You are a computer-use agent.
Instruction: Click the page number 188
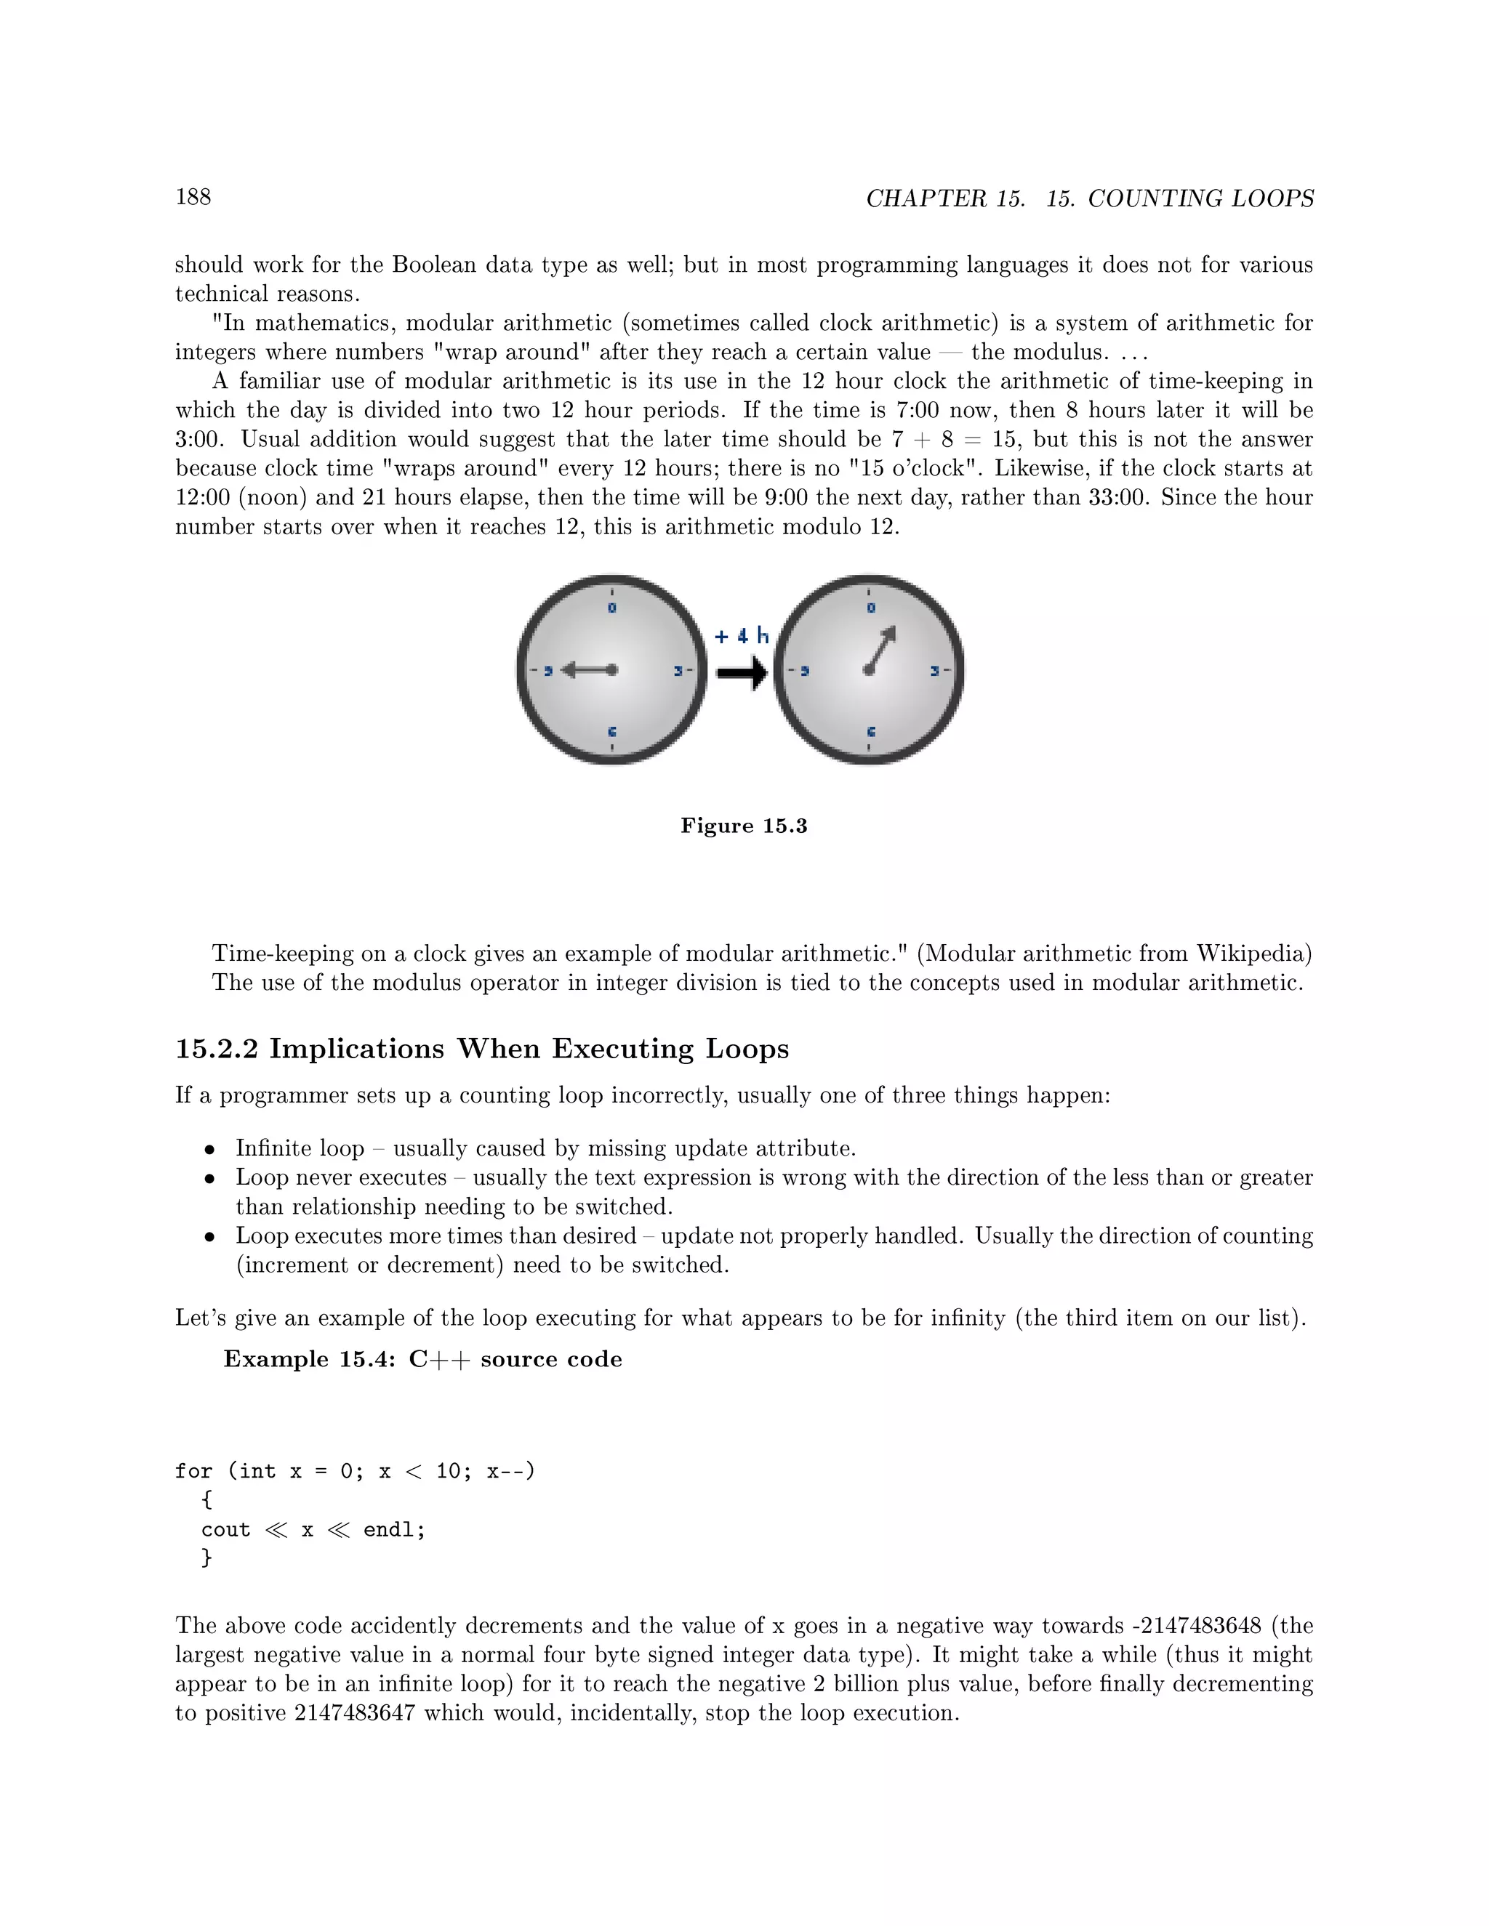pos(193,197)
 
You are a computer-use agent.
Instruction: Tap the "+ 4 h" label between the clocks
pos(741,636)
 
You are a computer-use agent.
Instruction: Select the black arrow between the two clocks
pos(741,674)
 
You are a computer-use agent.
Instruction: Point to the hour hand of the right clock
pos(881,649)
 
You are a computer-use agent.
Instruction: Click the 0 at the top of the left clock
pos(612,608)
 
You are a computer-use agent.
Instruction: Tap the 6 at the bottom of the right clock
pos(870,732)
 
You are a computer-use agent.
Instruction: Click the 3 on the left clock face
pos(678,671)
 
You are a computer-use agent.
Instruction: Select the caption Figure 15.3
pos(744,826)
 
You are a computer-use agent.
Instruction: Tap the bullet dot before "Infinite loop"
pos(209,1150)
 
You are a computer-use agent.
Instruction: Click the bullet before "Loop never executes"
pos(209,1179)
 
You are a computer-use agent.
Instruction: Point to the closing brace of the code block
pos(207,1558)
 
